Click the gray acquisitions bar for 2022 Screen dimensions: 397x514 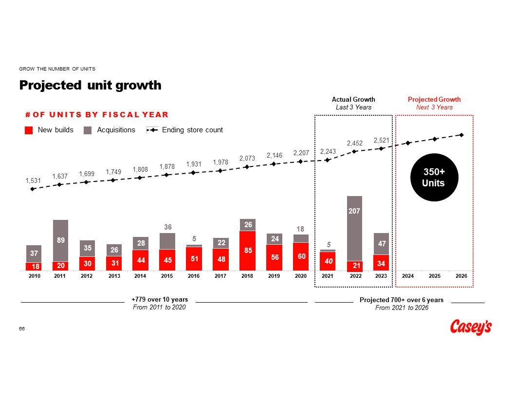pyautogui.click(x=354, y=228)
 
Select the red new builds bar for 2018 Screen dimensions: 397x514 pyautogui.click(x=247, y=250)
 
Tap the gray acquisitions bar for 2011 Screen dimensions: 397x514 pyautogui.click(x=60, y=240)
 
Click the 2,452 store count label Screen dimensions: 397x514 pyautogui.click(x=355, y=144)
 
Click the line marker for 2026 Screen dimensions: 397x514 pyautogui.click(x=461, y=135)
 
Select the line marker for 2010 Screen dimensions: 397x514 pyautogui.click(x=33, y=189)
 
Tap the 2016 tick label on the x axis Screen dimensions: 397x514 pyautogui.click(x=194, y=276)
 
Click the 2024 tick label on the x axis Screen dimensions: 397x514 pyautogui.click(x=408, y=276)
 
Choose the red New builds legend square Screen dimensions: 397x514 pyautogui.click(x=29, y=130)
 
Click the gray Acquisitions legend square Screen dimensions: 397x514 pyautogui.click(x=88, y=130)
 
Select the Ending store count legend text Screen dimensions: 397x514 pyautogui.click(x=192, y=130)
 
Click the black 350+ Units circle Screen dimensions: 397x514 pyautogui.click(x=434, y=178)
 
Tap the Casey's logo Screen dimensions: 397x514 pyautogui.click(x=471, y=327)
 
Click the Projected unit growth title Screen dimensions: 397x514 pyautogui.click(x=90, y=85)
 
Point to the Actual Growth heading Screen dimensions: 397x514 pyautogui.click(x=353, y=100)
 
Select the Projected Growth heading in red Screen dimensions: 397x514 pyautogui.click(x=434, y=100)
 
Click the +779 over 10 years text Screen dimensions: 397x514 pyautogui.click(x=160, y=299)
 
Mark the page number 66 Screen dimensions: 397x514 pyautogui.click(x=22, y=329)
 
